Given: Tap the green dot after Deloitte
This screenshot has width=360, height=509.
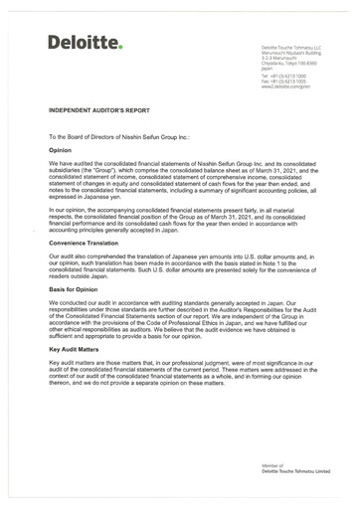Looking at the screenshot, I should [x=120, y=46].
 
